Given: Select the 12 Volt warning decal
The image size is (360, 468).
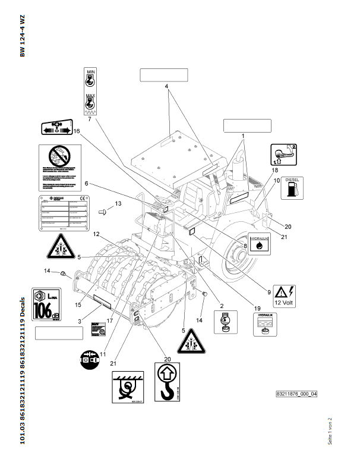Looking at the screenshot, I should [288, 294].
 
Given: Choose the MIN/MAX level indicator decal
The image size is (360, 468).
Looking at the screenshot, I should [91, 90].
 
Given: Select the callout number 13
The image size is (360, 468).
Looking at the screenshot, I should [118, 204].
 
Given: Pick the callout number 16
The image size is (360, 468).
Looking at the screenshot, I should [76, 130].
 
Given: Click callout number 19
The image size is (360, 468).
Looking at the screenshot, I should [258, 308].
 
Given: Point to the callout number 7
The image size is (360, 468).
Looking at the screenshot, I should [89, 120].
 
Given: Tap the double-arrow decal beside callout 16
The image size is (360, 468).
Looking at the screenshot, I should [55, 128].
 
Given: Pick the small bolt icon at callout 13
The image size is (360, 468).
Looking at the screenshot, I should [102, 211].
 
